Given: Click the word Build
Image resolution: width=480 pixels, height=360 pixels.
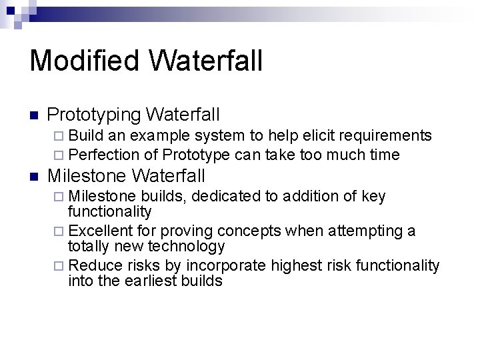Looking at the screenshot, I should (x=85, y=136).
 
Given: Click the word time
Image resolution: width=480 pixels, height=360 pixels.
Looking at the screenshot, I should (x=383, y=155).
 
